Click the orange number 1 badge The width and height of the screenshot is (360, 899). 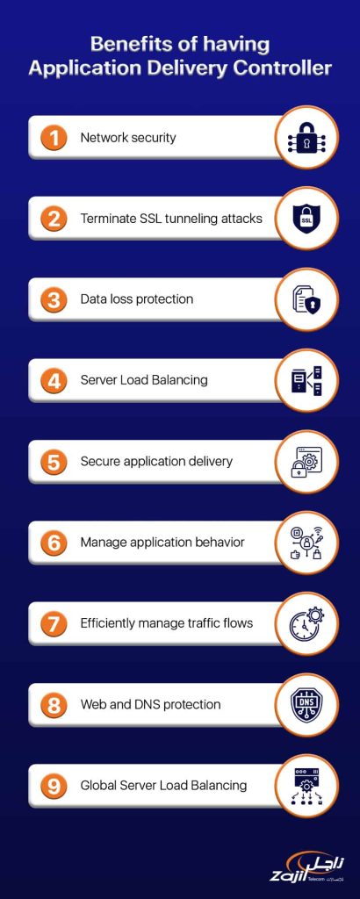point(54,138)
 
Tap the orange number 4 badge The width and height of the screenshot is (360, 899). point(54,381)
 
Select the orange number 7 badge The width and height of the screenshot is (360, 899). point(54,623)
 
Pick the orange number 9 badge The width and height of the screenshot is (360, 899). point(54,786)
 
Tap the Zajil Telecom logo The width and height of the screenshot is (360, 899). point(307,867)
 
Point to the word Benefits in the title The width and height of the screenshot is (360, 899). point(122,45)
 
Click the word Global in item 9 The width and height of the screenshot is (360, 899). point(99,786)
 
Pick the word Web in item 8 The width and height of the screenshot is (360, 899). point(93,704)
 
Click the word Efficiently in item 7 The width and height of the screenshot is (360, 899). point(109,623)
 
